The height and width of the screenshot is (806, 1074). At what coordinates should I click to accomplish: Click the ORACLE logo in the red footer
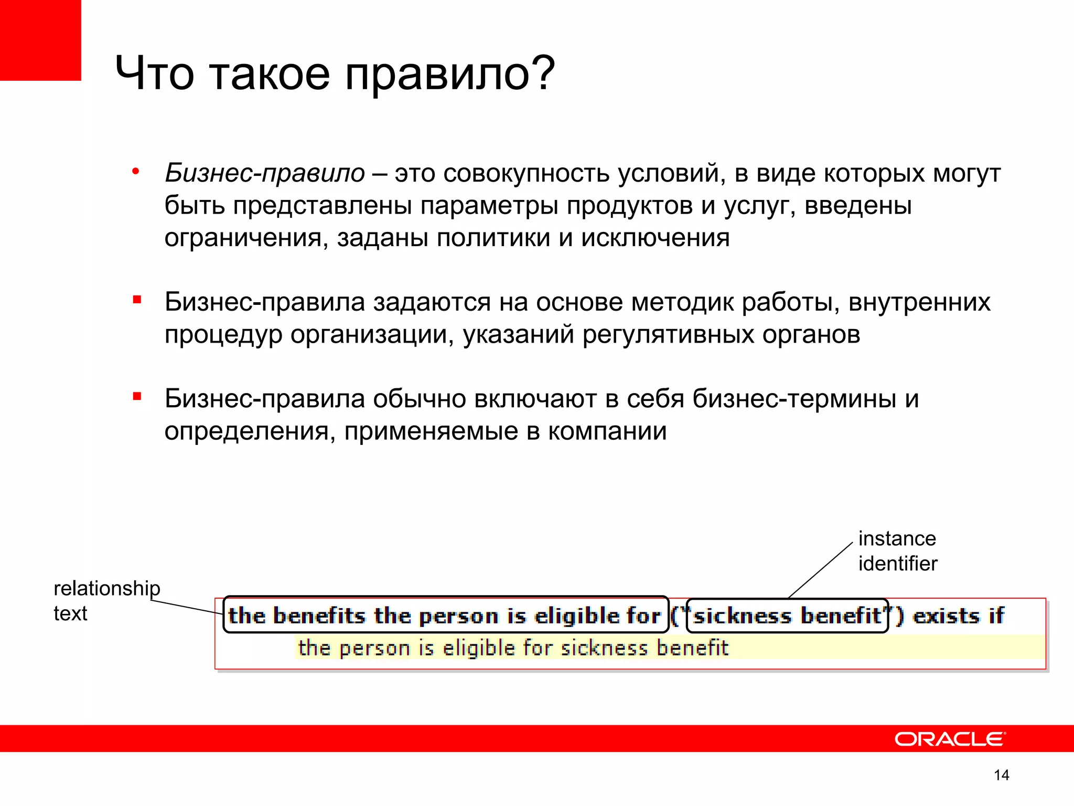[950, 739]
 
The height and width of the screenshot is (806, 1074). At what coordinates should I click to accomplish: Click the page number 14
[1001, 775]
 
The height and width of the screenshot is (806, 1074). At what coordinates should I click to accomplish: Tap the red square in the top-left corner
[40, 39]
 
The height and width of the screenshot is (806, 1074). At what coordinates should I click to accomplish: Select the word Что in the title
[155, 73]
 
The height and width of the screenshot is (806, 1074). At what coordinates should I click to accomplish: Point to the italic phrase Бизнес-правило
[265, 173]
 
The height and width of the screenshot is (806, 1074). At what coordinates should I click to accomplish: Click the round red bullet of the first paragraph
[136, 171]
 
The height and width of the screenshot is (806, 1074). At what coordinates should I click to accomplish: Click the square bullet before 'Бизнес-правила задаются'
[137, 300]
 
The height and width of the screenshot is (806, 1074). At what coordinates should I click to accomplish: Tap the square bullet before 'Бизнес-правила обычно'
[137, 397]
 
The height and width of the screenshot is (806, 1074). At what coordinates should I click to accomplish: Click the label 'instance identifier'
[897, 551]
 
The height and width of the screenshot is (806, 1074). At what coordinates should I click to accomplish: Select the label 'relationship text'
[106, 600]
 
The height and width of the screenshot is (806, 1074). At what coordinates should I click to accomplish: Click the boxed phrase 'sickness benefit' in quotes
[787, 616]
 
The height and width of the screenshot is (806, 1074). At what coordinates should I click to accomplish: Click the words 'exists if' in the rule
[958, 616]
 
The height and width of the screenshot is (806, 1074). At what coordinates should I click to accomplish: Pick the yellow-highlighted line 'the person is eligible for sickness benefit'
[513, 648]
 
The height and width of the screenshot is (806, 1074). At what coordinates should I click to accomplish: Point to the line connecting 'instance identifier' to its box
[821, 570]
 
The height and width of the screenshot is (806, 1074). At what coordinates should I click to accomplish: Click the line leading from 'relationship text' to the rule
[187, 607]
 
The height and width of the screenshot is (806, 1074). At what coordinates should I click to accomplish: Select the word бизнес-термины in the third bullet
[794, 399]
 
